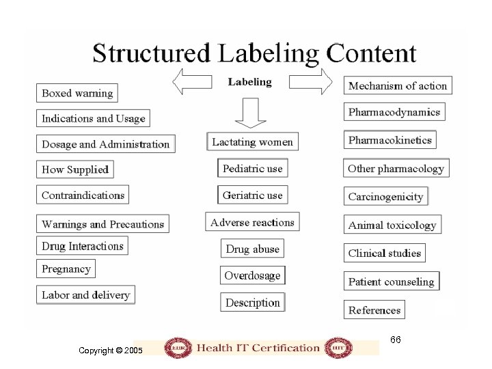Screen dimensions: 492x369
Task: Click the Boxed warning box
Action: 77,93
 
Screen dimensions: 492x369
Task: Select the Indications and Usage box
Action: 93,118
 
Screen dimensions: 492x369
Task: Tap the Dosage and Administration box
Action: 105,144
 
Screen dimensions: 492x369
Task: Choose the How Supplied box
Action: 75,169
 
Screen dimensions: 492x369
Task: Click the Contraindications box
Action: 83,195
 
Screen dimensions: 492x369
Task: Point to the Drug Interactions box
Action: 82,246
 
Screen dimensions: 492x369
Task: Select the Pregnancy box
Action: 66,269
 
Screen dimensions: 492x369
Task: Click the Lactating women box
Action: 252,142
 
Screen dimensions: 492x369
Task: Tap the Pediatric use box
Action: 252,168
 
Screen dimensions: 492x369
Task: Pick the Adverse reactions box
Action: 252,222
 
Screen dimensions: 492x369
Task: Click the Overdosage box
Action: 252,275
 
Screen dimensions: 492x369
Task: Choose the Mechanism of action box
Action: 397,86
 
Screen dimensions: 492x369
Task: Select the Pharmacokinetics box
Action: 389,140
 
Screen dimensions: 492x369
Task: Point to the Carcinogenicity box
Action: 385,196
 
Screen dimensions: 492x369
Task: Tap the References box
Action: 374,310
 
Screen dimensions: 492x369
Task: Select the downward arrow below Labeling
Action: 250,113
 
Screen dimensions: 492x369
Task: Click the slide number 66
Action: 396,340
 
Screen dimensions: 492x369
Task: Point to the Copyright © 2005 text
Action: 110,350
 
